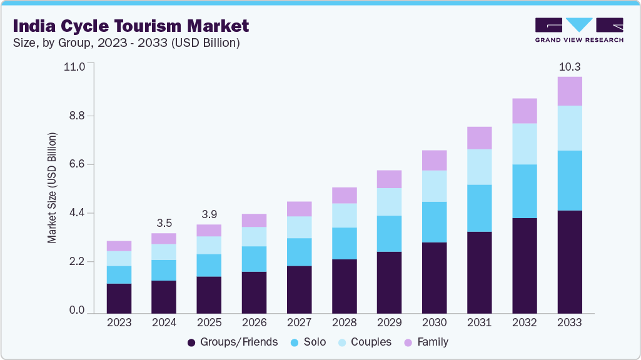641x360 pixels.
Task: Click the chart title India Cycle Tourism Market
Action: pyautogui.click(x=131, y=26)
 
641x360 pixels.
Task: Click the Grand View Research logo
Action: pyautogui.click(x=579, y=29)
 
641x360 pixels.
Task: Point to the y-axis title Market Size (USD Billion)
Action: pyautogui.click(x=53, y=187)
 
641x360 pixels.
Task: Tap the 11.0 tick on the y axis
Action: pyautogui.click(x=78, y=66)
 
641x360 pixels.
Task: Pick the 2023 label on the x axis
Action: pyautogui.click(x=119, y=322)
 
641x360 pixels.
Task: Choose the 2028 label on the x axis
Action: pyautogui.click(x=344, y=322)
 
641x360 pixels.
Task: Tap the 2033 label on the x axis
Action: pyautogui.click(x=569, y=322)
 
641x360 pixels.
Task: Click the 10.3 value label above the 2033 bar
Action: pyautogui.click(x=569, y=66)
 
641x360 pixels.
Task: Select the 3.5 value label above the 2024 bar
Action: pyautogui.click(x=164, y=222)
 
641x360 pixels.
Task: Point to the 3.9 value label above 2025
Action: pyautogui.click(x=209, y=214)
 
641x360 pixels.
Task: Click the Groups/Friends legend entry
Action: pyautogui.click(x=233, y=342)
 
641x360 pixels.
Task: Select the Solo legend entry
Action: pyautogui.click(x=314, y=342)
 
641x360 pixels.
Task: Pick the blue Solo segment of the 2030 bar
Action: pyautogui.click(x=434, y=222)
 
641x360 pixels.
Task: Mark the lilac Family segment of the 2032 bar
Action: pyautogui.click(x=524, y=111)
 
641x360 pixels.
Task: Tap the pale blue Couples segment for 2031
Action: pyautogui.click(x=479, y=167)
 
